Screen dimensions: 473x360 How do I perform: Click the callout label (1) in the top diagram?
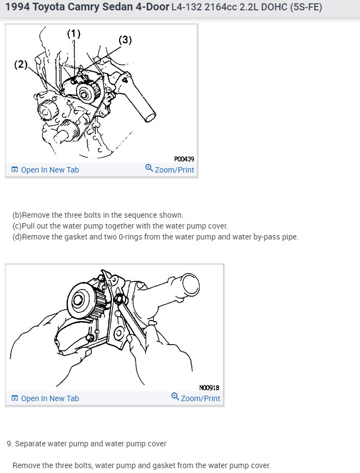pos(73,34)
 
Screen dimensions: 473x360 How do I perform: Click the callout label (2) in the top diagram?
pos(21,65)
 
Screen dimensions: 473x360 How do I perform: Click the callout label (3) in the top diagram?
pos(125,40)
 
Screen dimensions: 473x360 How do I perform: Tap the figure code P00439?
pos(184,159)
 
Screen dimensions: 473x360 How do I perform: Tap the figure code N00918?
pos(209,388)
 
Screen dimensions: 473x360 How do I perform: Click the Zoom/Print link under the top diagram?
pos(174,169)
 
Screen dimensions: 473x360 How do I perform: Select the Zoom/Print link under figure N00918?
pos(200,398)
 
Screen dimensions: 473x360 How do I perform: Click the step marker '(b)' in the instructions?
pos(17,215)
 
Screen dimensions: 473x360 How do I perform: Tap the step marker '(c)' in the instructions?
pos(17,226)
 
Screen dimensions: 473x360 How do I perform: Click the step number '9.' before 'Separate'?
pos(10,444)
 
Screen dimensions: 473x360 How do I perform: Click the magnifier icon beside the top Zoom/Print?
pos(149,168)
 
